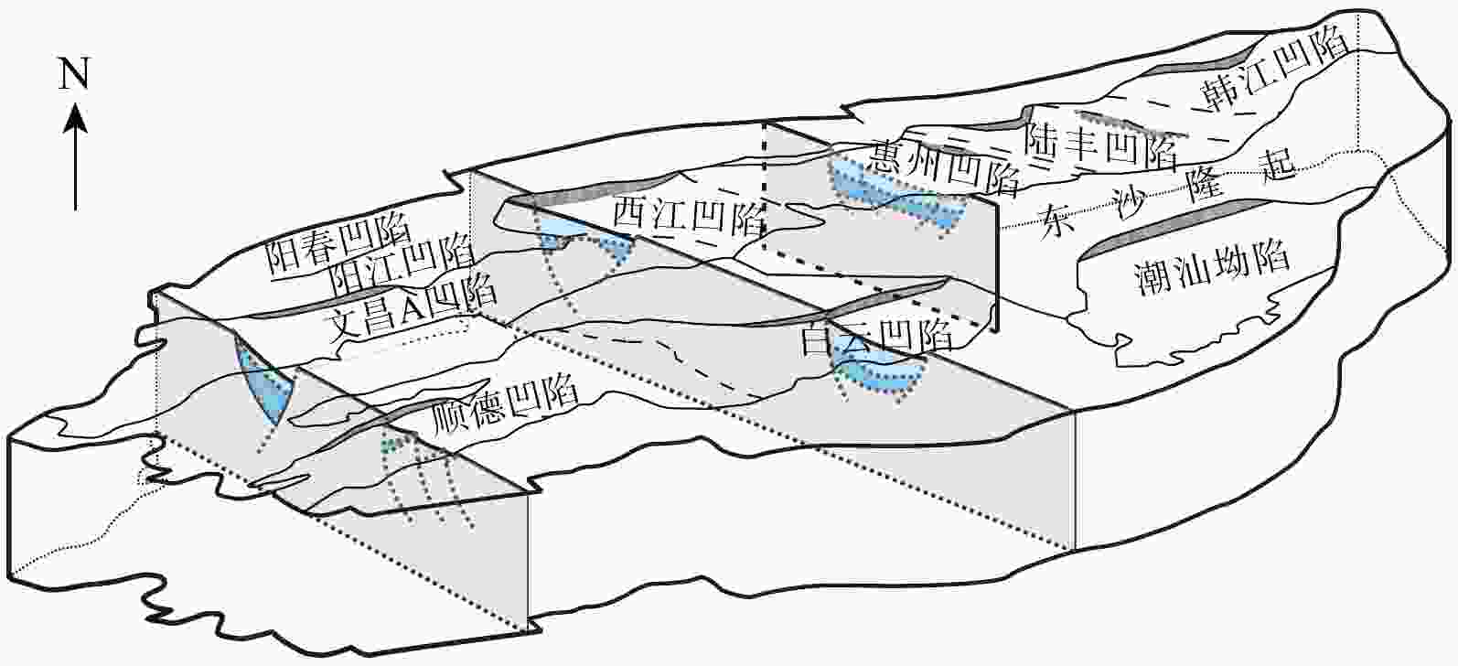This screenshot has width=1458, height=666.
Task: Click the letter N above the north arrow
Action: [x=73, y=73]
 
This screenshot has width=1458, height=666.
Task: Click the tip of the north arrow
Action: [x=76, y=103]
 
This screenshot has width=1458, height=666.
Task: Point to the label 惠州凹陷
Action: [x=944, y=166]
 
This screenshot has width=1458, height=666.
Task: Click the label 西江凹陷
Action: [x=690, y=214]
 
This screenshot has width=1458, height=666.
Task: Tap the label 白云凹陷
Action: [x=876, y=335]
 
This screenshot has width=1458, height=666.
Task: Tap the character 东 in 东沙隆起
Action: [x=1058, y=222]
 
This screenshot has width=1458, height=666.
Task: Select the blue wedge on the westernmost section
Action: [x=263, y=381]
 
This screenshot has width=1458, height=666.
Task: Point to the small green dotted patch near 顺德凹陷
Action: [x=390, y=446]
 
